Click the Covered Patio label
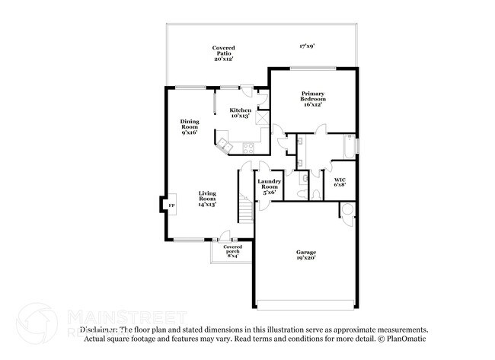pyautogui.click(x=223, y=53)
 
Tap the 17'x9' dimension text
pyautogui.click(x=307, y=46)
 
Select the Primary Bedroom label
pyautogui.click(x=313, y=99)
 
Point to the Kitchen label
pyautogui.click(x=241, y=113)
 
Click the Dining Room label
pyautogui.click(x=190, y=126)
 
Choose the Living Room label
pyautogui.click(x=207, y=199)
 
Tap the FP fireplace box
pyautogui.click(x=171, y=205)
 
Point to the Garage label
pyautogui.click(x=306, y=255)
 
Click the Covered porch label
pyautogui.click(x=232, y=251)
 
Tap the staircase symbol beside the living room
pyautogui.click(x=245, y=206)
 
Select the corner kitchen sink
pyautogui.click(x=225, y=142)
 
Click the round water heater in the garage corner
pyautogui.click(x=346, y=209)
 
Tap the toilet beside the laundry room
pyautogui.click(x=305, y=180)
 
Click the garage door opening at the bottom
pyautogui.click(x=305, y=308)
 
